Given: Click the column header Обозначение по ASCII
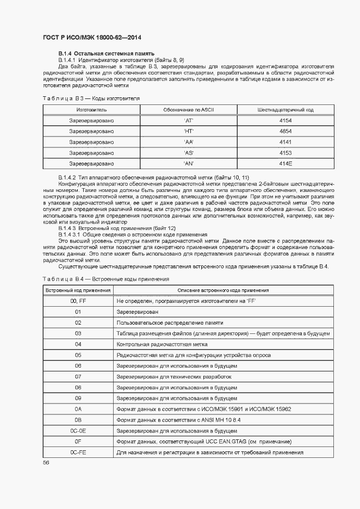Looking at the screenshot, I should point(189,110).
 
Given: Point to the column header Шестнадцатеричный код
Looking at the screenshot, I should point(285,110).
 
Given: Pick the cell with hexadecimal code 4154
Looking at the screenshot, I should point(285,121).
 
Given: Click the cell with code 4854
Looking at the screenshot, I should point(285,132).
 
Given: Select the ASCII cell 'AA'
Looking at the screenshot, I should point(189,142).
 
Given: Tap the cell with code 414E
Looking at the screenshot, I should point(285,163).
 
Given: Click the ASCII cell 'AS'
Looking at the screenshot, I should point(189,153).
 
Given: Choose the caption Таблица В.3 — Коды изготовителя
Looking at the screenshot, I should point(91,98).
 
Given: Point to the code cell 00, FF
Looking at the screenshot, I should point(78,301).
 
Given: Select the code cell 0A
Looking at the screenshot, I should point(78,408).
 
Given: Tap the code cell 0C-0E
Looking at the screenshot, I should point(78,430).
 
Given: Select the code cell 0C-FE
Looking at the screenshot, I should point(78,451).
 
